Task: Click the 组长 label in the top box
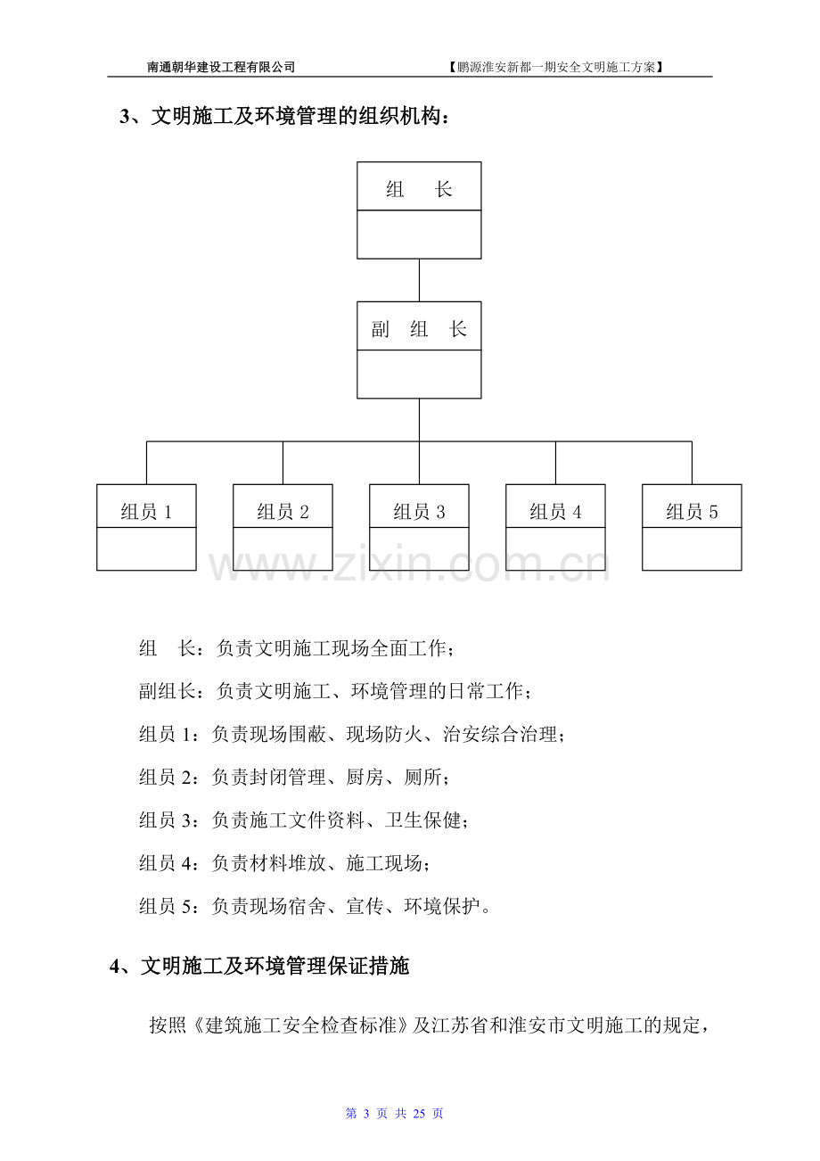(419, 189)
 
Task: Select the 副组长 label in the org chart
(419, 329)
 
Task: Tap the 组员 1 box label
(146, 512)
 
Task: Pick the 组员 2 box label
(283, 512)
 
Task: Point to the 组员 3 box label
(419, 512)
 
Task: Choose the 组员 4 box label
(555, 512)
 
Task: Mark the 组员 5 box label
(692, 512)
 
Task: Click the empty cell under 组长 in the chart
(419, 235)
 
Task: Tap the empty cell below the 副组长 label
(419, 375)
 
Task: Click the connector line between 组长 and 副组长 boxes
(419, 280)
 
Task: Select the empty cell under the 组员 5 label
(692, 549)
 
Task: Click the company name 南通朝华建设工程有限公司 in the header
(221, 67)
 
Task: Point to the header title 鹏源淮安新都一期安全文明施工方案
(556, 67)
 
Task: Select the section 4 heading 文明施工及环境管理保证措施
(275, 966)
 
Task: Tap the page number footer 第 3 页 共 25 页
(394, 1114)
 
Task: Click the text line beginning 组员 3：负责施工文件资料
(304, 820)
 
